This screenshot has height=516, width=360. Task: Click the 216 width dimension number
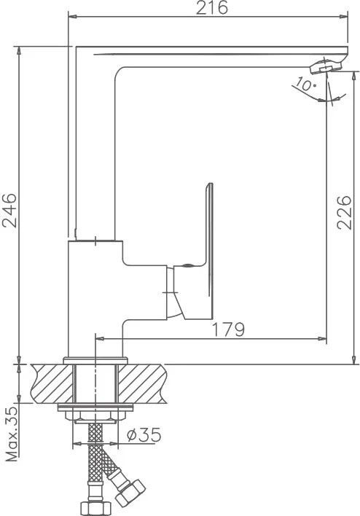(211, 8)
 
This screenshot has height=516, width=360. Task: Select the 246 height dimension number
(9, 211)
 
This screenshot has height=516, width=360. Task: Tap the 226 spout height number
(344, 212)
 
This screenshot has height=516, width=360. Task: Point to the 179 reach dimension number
(229, 329)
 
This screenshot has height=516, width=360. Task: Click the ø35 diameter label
(144, 434)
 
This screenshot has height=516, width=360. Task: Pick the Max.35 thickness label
(12, 434)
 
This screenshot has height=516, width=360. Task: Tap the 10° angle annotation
(305, 85)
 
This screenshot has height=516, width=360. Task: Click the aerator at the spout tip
(326, 66)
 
